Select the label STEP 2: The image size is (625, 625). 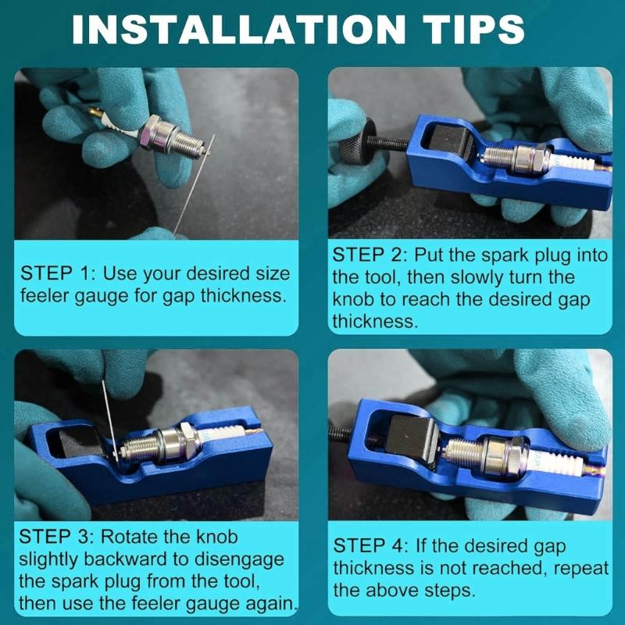click(370, 255)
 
